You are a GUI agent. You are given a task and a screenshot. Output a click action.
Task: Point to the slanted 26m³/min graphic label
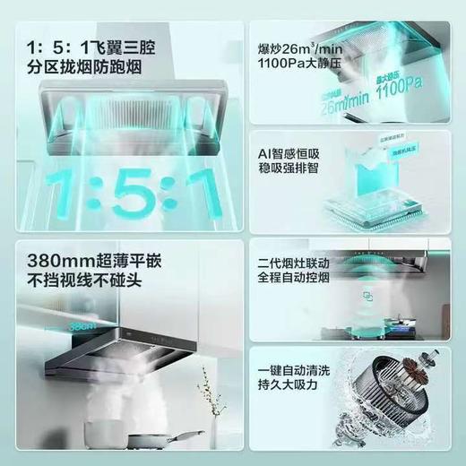tap(342, 99)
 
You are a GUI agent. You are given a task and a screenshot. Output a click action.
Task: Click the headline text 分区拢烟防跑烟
tap(86, 67)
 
